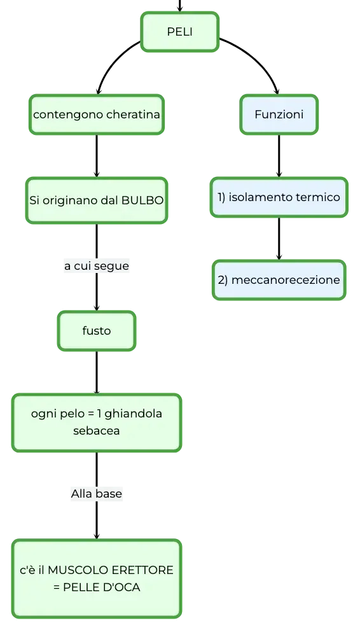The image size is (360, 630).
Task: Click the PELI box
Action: (x=179, y=32)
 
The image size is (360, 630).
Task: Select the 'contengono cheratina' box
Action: (x=97, y=115)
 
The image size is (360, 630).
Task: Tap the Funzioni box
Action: (x=279, y=115)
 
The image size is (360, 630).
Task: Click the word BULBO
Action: (x=142, y=200)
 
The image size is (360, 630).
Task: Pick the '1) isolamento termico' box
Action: (x=279, y=197)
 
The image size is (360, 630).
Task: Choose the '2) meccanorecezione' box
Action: (x=279, y=280)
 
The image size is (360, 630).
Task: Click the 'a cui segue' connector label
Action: (x=97, y=266)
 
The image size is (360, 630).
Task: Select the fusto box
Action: (x=97, y=331)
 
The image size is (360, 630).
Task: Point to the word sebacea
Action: (x=97, y=431)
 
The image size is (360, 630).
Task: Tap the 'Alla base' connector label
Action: (x=97, y=493)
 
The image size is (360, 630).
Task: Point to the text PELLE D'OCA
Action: (x=102, y=587)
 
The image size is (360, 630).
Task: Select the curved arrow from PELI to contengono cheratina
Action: (x=111, y=60)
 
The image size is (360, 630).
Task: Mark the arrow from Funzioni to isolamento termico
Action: (x=279, y=156)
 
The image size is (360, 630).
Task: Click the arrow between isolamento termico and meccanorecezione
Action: (x=279, y=239)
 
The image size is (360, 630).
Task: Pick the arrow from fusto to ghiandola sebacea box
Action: (x=97, y=372)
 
